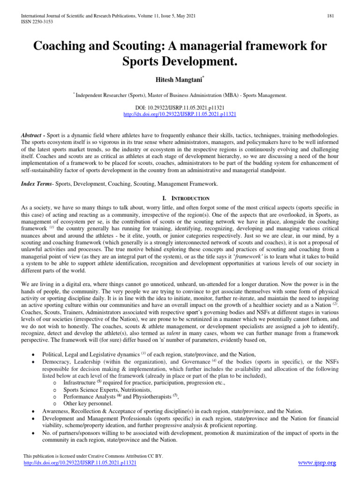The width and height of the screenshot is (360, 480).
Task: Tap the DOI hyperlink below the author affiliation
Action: pyautogui.click(x=180, y=114)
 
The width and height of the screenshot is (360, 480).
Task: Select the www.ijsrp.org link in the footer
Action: pyautogui.click(x=317, y=463)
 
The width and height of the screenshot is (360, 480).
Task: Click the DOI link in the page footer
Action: pyautogui.click(x=80, y=463)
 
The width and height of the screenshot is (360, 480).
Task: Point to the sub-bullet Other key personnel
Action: pyautogui.click(x=88, y=403)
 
